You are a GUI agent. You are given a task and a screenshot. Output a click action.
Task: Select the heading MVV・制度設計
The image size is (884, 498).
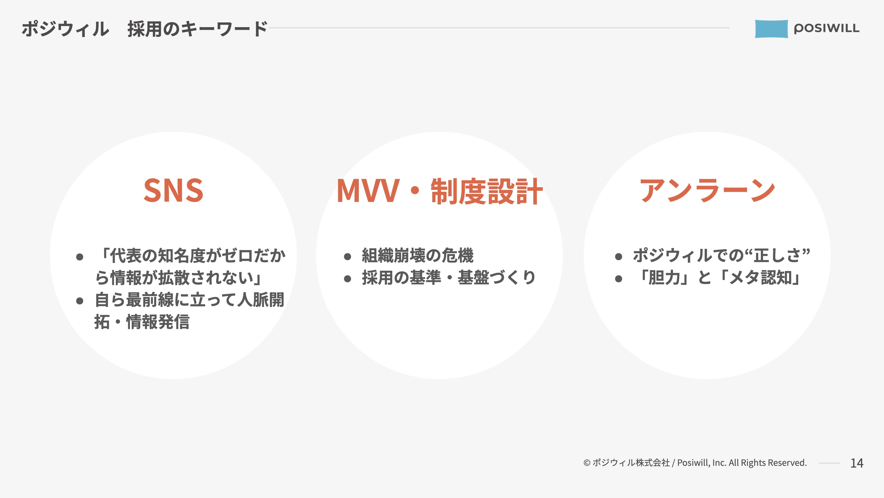[x=439, y=191]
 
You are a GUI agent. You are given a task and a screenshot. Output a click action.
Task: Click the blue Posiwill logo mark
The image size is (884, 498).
[x=771, y=29]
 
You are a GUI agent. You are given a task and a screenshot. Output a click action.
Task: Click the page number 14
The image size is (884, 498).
[x=857, y=463]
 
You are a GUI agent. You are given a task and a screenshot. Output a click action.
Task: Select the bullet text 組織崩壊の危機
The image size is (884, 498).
[x=418, y=255]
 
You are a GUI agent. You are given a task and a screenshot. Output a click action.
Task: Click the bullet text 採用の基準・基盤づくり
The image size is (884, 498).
[x=448, y=278]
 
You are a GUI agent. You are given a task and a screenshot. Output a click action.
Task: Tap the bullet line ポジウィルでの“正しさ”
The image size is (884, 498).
[x=721, y=255]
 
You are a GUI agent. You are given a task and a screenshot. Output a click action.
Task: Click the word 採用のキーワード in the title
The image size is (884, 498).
[x=197, y=29]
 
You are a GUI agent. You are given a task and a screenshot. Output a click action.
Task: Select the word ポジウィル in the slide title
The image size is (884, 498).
[x=65, y=29]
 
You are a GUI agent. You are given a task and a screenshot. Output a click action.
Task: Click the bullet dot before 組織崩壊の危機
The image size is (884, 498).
[x=347, y=257]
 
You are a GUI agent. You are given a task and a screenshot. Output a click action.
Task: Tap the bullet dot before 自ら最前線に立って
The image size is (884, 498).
[x=80, y=301]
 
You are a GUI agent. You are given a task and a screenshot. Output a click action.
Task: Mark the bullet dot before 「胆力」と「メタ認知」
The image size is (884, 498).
[x=619, y=279]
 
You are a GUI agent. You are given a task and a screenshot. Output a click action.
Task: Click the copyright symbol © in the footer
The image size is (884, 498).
[x=587, y=463]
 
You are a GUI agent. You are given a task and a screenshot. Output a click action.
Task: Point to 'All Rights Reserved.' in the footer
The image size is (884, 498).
[x=768, y=463]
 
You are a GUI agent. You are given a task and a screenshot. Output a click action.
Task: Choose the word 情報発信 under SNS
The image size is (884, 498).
[x=158, y=322]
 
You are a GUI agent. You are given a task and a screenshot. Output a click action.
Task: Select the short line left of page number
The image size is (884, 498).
[x=829, y=463]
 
